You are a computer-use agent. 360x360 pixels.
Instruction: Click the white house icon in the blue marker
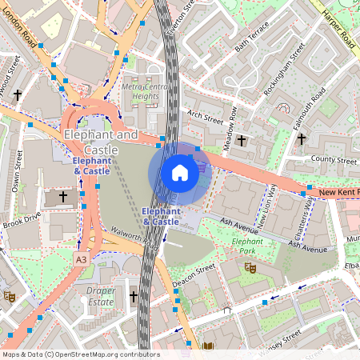[x=180, y=172]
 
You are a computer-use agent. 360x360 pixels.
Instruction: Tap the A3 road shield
[x=82, y=260]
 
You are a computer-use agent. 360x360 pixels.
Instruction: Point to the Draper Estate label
[x=102, y=298]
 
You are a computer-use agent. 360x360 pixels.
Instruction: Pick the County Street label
[x=334, y=161]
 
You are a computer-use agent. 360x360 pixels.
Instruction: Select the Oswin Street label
[x=18, y=166]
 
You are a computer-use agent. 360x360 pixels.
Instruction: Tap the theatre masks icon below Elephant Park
[x=250, y=267]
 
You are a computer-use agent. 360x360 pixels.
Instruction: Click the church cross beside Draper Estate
[x=134, y=296]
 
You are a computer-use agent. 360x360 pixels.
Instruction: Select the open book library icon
[x=209, y=346]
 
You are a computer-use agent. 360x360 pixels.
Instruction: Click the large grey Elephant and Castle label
[x=100, y=142]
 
